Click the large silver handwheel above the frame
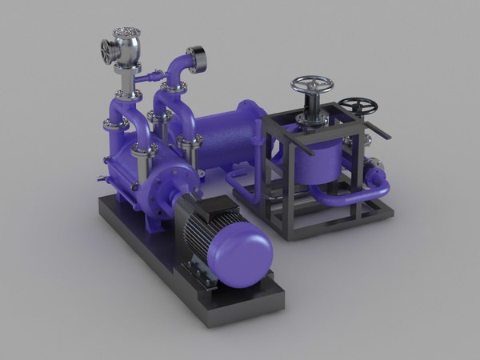(x=311, y=84)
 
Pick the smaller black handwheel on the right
(x=357, y=106)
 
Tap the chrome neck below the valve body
(x=126, y=80)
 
